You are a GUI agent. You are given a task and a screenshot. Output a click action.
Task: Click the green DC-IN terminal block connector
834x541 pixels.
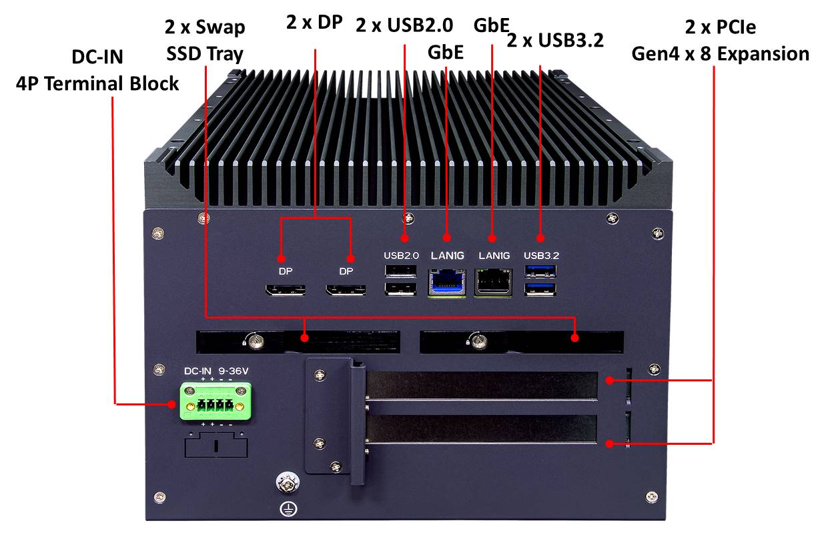(x=216, y=401)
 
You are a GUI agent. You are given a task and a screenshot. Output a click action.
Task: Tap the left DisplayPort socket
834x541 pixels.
(x=285, y=291)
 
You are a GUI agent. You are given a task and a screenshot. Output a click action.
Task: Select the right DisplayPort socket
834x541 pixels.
(x=346, y=291)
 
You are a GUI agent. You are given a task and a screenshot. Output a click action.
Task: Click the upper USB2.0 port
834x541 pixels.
(x=400, y=271)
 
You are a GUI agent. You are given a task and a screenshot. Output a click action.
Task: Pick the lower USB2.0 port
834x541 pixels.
(x=400, y=289)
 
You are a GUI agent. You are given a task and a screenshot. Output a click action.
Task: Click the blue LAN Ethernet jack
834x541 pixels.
(x=447, y=283)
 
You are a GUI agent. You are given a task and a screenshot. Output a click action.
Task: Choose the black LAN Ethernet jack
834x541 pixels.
(x=493, y=283)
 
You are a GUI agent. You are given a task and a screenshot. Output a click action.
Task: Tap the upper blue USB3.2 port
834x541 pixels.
(x=540, y=271)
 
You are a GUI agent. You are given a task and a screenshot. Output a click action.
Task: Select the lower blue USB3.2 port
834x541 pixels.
(x=540, y=289)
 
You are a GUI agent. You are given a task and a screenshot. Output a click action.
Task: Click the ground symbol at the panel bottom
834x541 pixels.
(x=288, y=510)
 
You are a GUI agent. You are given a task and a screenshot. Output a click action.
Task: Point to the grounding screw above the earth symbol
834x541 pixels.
(x=287, y=483)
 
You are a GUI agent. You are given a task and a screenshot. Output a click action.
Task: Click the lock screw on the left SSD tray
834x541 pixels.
(x=256, y=341)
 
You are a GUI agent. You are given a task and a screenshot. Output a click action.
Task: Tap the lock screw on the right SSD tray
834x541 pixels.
(x=480, y=341)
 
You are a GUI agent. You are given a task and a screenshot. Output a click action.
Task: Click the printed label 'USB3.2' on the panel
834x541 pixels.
(x=541, y=256)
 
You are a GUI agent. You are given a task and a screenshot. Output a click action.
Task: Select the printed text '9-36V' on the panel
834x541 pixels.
(x=233, y=371)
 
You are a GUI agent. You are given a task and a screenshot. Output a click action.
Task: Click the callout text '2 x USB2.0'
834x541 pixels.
(x=404, y=25)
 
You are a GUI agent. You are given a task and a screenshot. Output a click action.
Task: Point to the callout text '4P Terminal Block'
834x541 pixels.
(x=97, y=83)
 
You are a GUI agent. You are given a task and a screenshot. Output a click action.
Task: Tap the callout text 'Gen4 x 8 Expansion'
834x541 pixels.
(x=721, y=54)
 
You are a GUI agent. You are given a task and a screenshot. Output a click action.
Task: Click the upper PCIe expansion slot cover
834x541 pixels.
(x=482, y=385)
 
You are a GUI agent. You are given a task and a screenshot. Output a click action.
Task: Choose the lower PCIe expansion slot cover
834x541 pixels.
(x=482, y=429)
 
